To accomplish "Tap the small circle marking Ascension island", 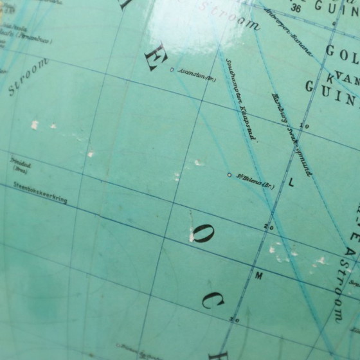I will coord(172,70).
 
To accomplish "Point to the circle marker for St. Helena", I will coord(230,174).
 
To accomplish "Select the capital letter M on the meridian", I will coord(259,276).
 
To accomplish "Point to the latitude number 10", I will coord(305,126).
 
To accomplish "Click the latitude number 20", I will coord(269,226).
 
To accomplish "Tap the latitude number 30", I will coord(235,319).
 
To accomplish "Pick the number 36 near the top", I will coord(295,9).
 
